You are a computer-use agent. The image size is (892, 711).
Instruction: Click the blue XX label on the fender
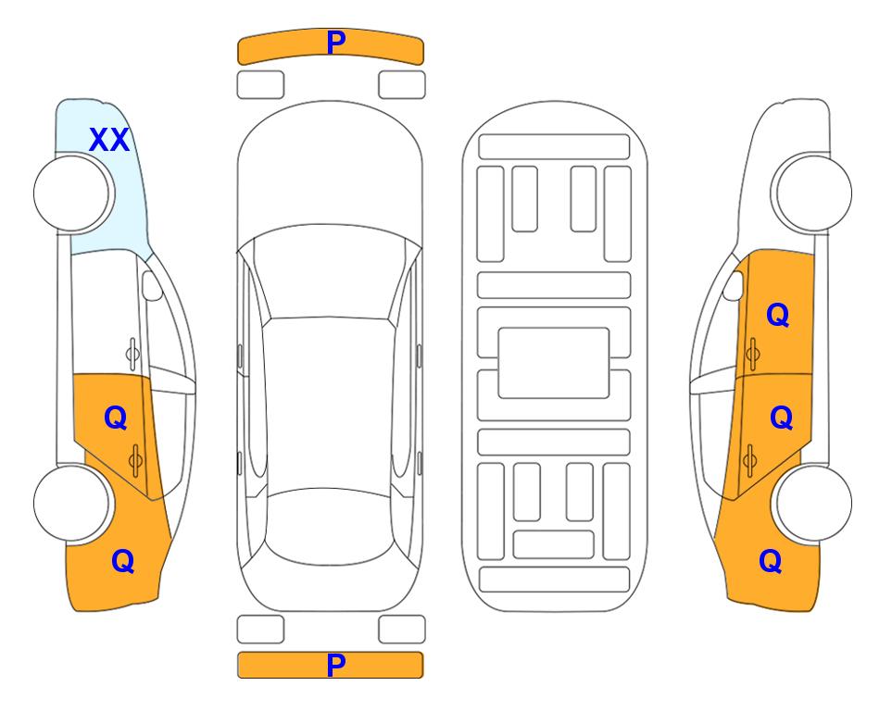(x=109, y=140)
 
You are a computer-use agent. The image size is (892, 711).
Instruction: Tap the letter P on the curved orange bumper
(x=336, y=43)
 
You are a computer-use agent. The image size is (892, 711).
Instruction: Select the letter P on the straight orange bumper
(x=336, y=665)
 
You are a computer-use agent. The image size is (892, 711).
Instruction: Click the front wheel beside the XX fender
(x=74, y=193)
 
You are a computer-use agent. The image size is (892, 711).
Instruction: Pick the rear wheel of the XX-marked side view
(x=72, y=503)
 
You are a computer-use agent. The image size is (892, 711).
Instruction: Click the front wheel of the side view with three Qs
(x=811, y=193)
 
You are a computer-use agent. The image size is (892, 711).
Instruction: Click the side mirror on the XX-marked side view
(x=151, y=285)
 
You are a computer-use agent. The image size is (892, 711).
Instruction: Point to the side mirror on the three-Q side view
(x=733, y=285)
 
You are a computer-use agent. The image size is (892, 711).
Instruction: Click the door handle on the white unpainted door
(x=132, y=354)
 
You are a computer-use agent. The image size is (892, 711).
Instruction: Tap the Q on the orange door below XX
(x=116, y=418)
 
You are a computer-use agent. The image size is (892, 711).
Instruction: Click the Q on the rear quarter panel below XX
(x=123, y=561)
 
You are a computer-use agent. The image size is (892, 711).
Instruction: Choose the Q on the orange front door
(x=778, y=315)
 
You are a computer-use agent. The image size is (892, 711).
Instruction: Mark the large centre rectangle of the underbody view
(x=554, y=363)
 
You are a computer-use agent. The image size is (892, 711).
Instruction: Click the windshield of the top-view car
(x=330, y=272)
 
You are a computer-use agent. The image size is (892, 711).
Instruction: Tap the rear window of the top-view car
(x=330, y=526)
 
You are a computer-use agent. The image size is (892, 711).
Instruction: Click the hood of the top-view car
(x=330, y=170)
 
